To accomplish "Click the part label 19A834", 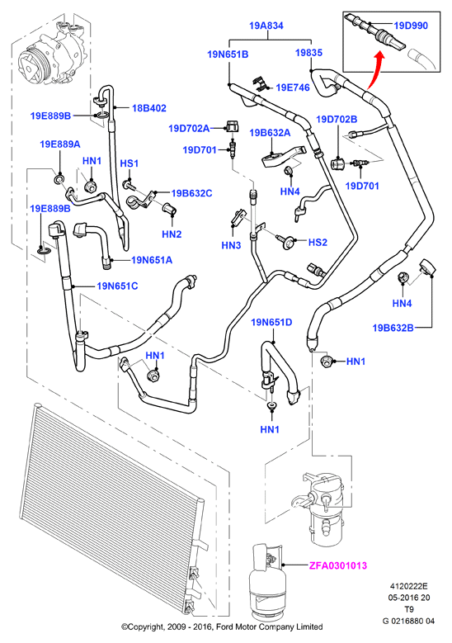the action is point(266,26).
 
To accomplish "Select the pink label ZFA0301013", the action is point(337,566).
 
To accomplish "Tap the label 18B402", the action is point(148,108).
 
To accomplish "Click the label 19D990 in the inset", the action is point(411,26).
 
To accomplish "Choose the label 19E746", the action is point(293,87).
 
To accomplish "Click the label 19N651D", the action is point(271,323).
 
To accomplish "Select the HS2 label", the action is point(318,243).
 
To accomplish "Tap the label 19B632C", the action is point(192,193).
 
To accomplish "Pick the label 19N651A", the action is point(152,260).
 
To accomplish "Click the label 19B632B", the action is point(393,328).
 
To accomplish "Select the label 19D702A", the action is point(189,129).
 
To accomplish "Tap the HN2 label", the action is point(172,234).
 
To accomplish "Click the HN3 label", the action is point(231,245).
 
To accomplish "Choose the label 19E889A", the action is point(60,144).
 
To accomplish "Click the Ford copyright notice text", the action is point(222,627).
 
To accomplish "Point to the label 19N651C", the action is point(117,286).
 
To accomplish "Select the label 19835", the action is point(309,53).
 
